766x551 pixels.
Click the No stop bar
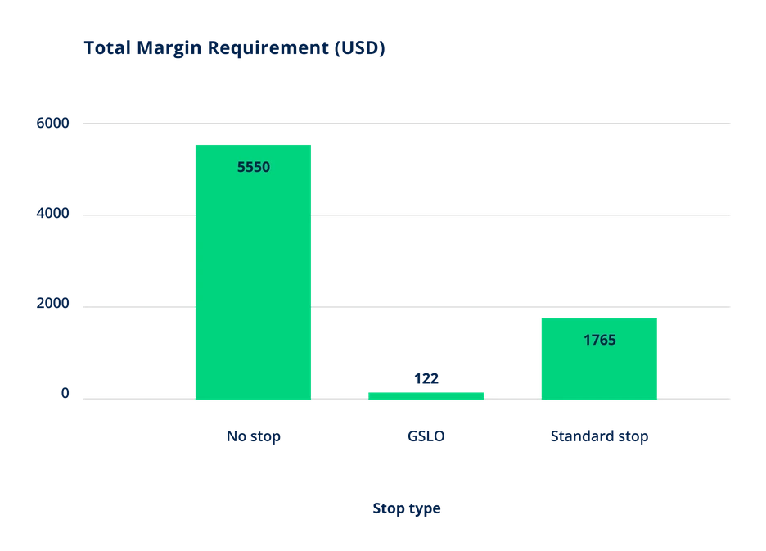253,272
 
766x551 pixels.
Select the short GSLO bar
426,396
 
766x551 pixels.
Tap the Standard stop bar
599,359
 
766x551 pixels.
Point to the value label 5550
254,167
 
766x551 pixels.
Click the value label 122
426,378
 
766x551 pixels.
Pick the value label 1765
599,340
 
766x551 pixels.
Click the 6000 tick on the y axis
52,123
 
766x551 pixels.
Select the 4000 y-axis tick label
52,213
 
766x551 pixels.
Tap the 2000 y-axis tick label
52,303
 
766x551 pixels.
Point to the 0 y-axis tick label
65,393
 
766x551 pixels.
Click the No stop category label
254,436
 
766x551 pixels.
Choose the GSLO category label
426,436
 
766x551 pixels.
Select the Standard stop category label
599,436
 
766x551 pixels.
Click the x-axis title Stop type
407,508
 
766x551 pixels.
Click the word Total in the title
108,48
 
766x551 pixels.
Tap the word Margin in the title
169,49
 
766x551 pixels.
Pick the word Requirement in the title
268,49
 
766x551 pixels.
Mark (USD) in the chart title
360,48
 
